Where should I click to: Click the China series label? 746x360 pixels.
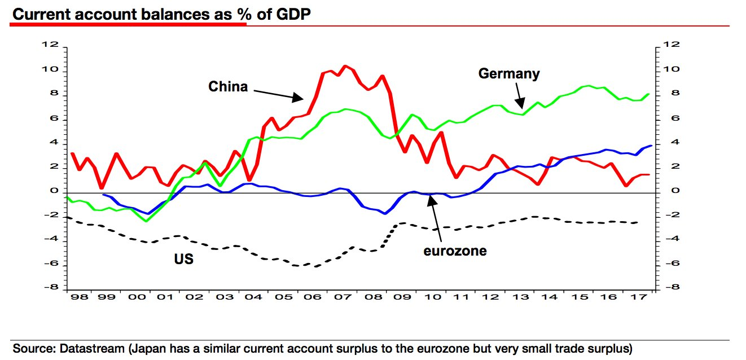(228, 86)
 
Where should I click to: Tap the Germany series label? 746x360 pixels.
(508, 73)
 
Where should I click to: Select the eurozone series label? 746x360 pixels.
(455, 251)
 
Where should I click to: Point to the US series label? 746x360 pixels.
(183, 260)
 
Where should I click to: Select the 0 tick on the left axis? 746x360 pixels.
(55, 191)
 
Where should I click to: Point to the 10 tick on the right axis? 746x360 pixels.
(670, 69)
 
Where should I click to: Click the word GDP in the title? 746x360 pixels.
(292, 15)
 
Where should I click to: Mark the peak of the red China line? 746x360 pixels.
(345, 66)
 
